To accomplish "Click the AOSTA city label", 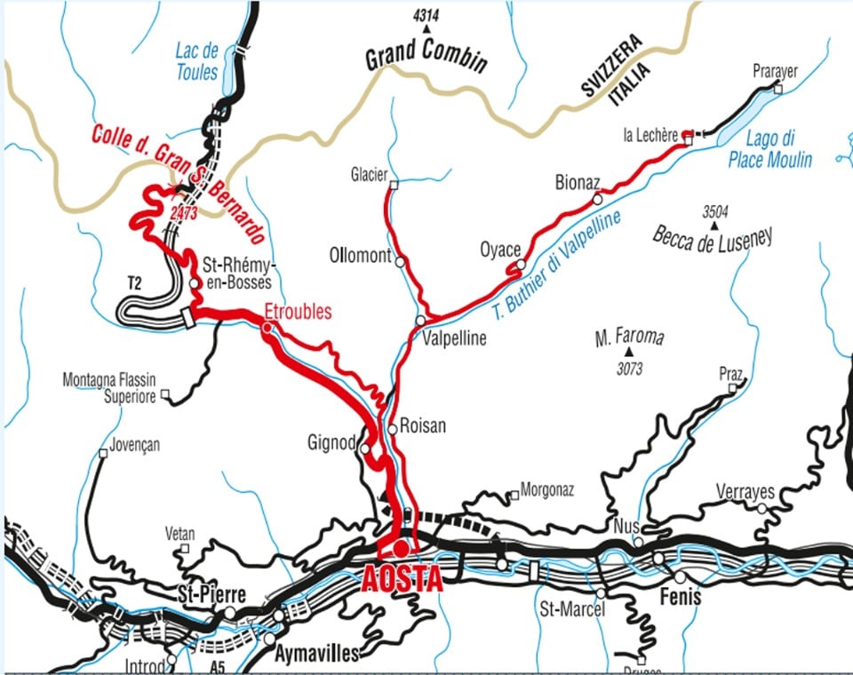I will coord(403,579).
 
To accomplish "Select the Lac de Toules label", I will coord(196,63).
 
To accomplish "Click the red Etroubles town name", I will coord(298,312).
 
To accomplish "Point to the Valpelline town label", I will coord(454,338).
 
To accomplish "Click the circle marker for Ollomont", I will coord(401,262).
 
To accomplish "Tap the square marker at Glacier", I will coord(394,185).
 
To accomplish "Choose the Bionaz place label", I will coord(578,183).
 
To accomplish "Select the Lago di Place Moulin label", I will coord(769,149).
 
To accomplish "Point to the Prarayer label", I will coord(776,72).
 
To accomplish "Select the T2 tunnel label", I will coord(135,283).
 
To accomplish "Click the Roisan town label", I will coord(423,426).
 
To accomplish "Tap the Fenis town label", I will coord(680,597).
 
